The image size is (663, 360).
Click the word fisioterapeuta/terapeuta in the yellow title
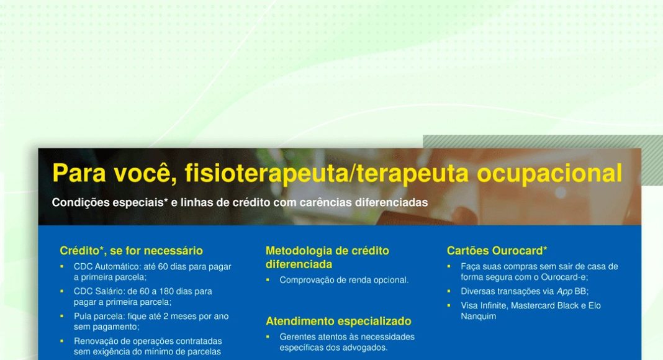click(327, 174)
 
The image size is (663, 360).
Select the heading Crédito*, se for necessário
click(131, 251)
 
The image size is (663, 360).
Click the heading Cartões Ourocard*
click(497, 251)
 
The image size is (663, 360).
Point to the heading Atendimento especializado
click(338, 321)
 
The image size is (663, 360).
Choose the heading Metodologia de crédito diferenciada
click(327, 258)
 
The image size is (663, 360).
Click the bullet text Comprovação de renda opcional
click(344, 280)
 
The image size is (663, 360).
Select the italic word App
click(564, 292)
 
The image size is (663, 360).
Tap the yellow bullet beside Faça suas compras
click(449, 267)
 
